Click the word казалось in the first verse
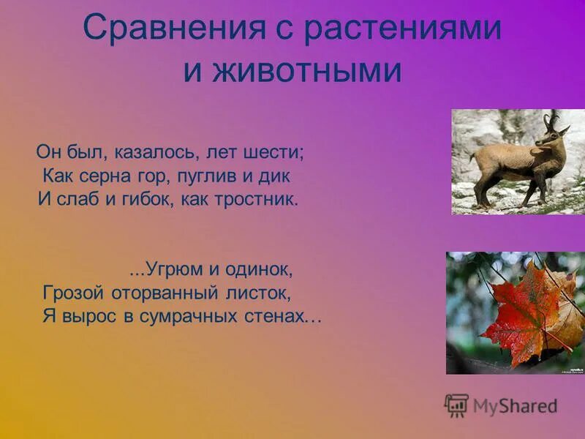point(156,153)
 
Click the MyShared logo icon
point(456,405)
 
